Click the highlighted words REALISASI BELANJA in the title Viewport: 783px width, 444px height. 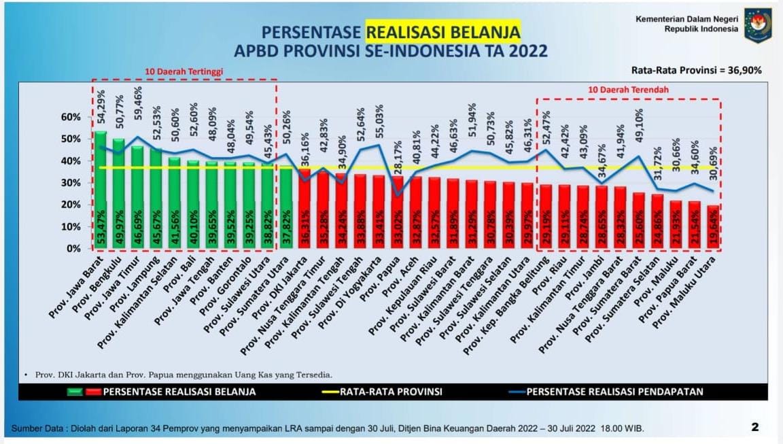443,32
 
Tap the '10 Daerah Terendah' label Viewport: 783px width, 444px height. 628,89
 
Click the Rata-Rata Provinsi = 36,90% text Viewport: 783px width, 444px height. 696,70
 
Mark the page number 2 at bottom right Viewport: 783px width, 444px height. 754,427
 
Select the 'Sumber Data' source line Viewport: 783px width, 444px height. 326,428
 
